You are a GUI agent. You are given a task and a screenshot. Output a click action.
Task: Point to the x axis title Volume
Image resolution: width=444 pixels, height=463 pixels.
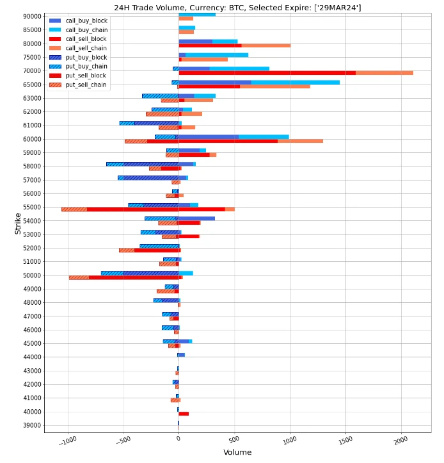tap(237, 453)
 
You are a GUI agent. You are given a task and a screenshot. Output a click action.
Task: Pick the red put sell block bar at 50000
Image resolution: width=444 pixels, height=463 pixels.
tap(134, 277)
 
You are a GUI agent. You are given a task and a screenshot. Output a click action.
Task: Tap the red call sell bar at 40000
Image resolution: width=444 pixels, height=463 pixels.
tap(184, 414)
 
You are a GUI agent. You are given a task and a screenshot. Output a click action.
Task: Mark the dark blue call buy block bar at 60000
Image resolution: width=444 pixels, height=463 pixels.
tap(209, 136)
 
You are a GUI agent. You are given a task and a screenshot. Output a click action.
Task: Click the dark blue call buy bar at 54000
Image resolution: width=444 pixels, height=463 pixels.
tap(196, 218)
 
